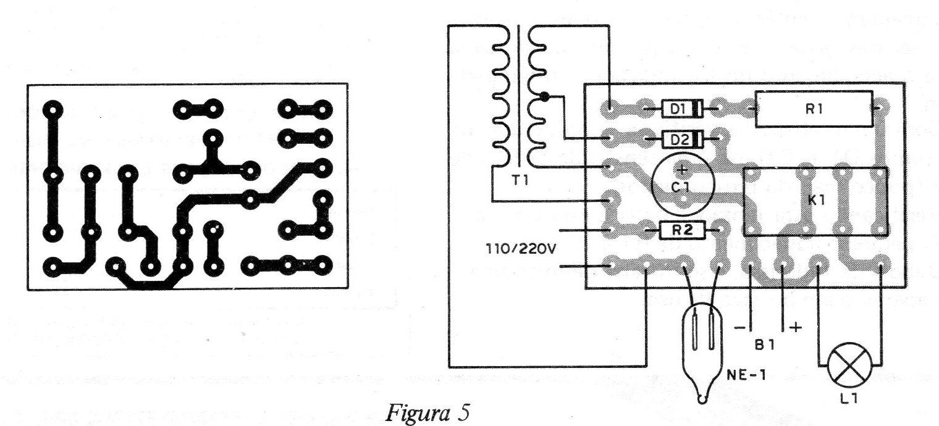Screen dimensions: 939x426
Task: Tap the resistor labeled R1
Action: click(814, 109)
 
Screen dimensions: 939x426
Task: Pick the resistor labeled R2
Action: click(682, 230)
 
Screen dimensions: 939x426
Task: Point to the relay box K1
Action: click(815, 201)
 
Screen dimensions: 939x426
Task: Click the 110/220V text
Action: click(521, 249)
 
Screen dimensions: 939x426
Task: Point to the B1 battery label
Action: click(765, 345)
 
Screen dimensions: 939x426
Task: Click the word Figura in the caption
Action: click(415, 412)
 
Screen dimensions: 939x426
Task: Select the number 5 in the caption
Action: click(462, 412)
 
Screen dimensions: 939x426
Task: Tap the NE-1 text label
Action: click(746, 375)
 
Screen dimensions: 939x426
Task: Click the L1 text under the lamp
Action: click(849, 399)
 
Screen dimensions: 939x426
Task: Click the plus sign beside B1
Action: click(796, 327)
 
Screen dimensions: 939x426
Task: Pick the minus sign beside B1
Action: click(741, 328)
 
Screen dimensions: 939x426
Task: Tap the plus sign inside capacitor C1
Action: click(683, 170)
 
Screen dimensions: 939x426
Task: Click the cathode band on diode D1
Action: click(697, 109)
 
